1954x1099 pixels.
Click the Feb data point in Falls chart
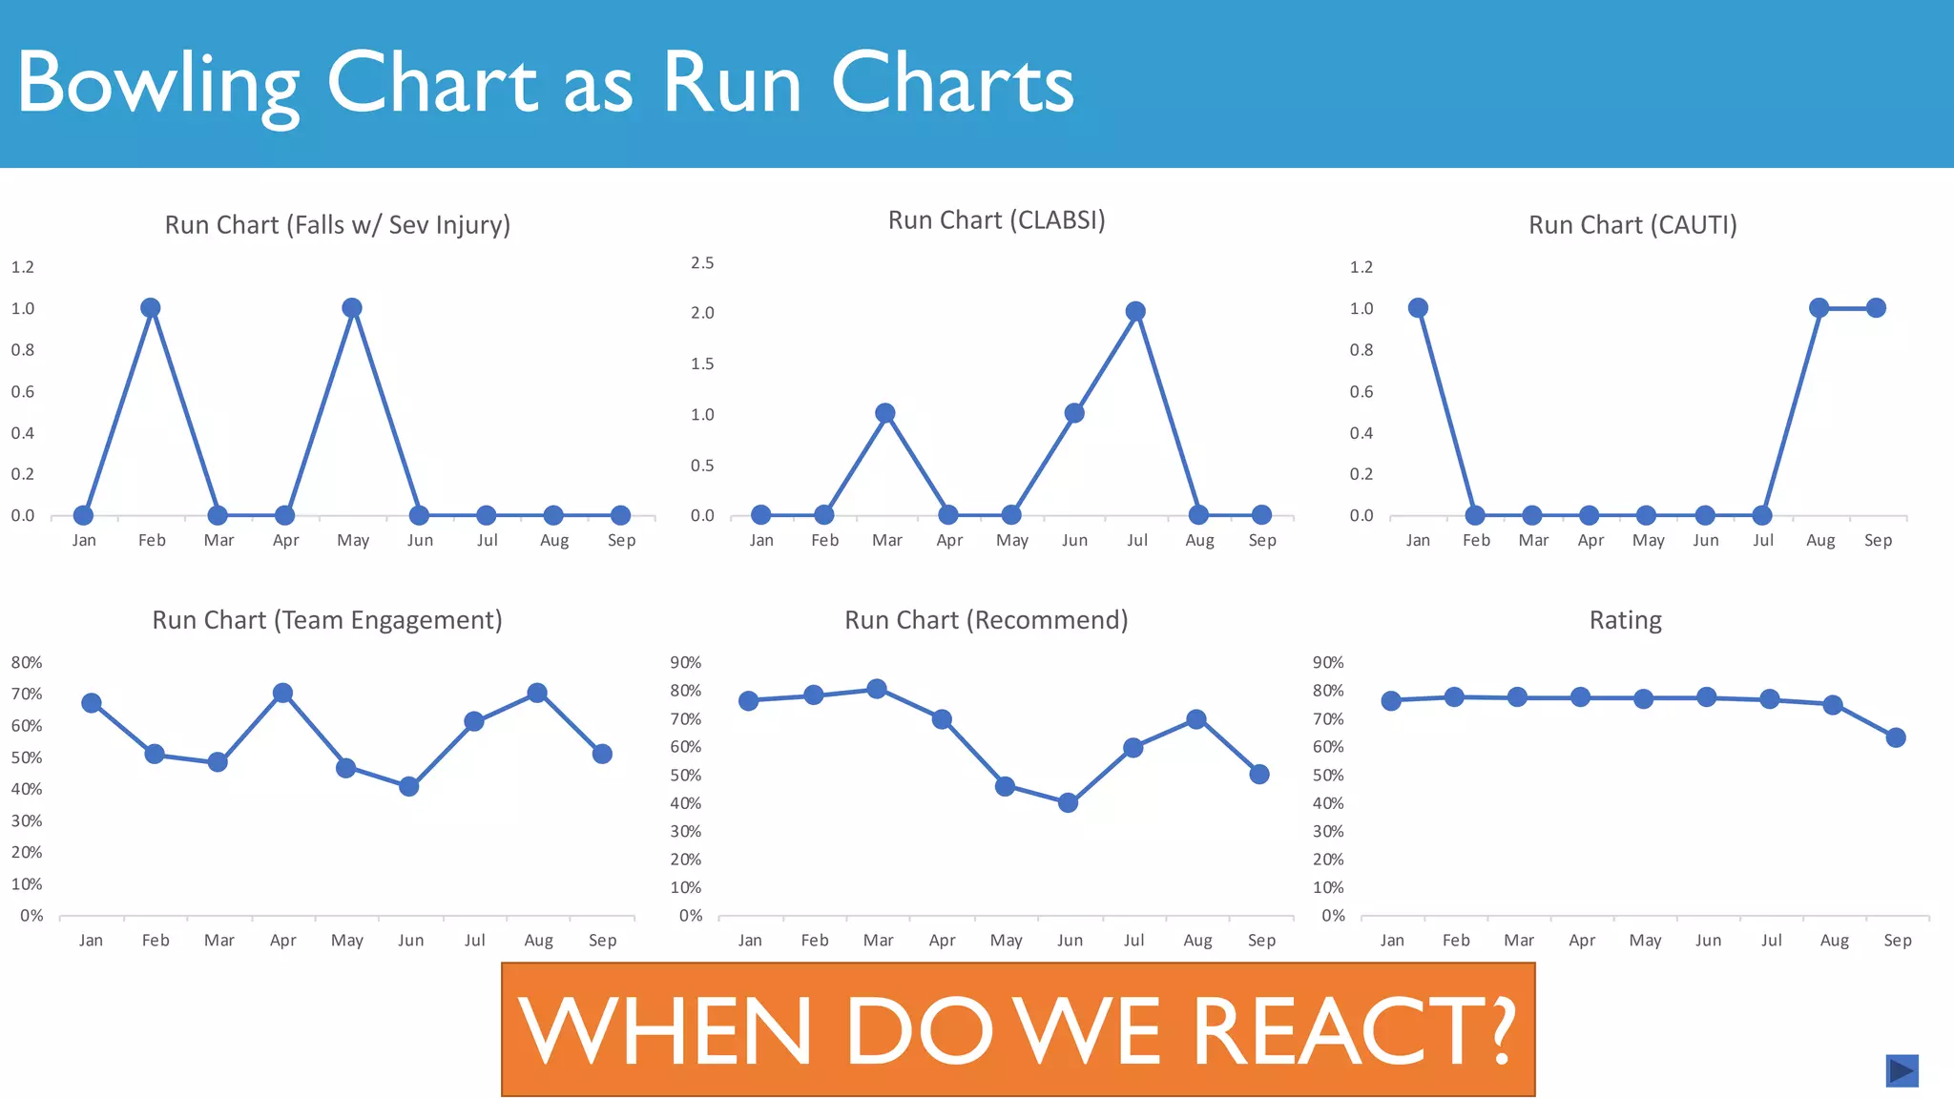tap(150, 308)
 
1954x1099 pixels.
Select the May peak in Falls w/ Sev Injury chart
tap(351, 308)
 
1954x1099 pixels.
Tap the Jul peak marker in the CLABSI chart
tap(1134, 312)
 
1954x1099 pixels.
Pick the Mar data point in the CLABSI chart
tap(884, 413)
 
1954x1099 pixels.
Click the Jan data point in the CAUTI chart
tap(1418, 308)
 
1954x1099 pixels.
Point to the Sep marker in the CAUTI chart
tap(1876, 308)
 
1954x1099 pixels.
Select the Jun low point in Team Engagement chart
tap(409, 786)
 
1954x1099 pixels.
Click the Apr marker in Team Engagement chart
tap(282, 694)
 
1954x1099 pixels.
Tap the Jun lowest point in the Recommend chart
tap(1069, 803)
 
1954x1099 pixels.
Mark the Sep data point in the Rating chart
tap(1896, 737)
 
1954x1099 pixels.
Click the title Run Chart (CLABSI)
tap(996, 220)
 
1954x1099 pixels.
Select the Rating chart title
tap(1625, 621)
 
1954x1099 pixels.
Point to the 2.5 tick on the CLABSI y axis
tap(702, 263)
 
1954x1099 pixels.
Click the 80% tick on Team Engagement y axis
tap(27, 662)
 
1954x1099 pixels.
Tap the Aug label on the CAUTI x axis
tap(1820, 541)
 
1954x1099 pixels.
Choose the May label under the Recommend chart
tap(1006, 941)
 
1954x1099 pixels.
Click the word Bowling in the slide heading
tap(158, 84)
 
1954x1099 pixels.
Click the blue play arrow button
tap(1902, 1070)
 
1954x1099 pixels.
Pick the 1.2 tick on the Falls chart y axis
tap(23, 267)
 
